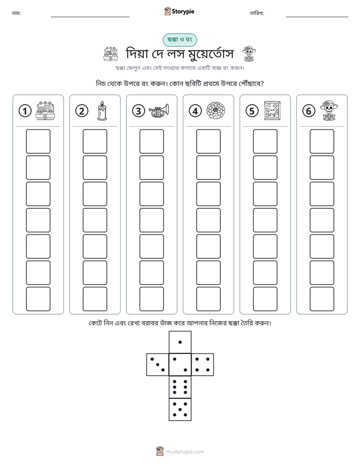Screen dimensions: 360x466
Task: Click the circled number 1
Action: [x=25, y=111]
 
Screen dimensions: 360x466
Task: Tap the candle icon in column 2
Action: [x=102, y=110]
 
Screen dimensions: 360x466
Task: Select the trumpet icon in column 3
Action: [x=159, y=110]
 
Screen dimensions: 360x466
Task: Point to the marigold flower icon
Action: [x=216, y=110]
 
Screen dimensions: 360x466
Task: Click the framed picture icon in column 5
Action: [x=272, y=110]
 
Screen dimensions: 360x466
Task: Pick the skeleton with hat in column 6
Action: [x=329, y=110]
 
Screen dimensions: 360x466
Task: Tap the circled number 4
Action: [x=195, y=111]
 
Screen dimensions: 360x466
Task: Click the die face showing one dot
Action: [x=180, y=342]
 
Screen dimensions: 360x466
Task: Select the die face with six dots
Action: [x=180, y=387]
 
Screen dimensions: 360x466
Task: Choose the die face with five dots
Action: [x=180, y=410]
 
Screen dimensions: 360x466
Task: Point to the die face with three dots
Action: [x=157, y=364]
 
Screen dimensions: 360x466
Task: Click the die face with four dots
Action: [x=203, y=364]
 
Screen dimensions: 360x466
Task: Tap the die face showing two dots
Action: [x=180, y=364]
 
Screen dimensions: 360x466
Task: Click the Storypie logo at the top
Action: [x=179, y=11]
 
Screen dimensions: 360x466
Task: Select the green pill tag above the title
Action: [x=179, y=39]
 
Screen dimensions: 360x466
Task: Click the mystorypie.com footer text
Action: [x=185, y=452]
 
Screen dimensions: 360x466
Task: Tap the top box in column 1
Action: [x=38, y=141]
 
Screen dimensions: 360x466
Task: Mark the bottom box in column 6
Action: [x=322, y=299]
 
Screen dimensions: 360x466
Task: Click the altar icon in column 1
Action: [x=45, y=110]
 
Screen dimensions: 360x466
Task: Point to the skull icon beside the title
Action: [x=249, y=54]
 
